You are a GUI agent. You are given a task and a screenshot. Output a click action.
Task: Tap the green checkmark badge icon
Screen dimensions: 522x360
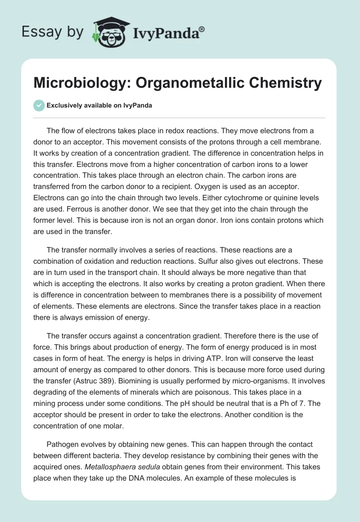39,105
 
